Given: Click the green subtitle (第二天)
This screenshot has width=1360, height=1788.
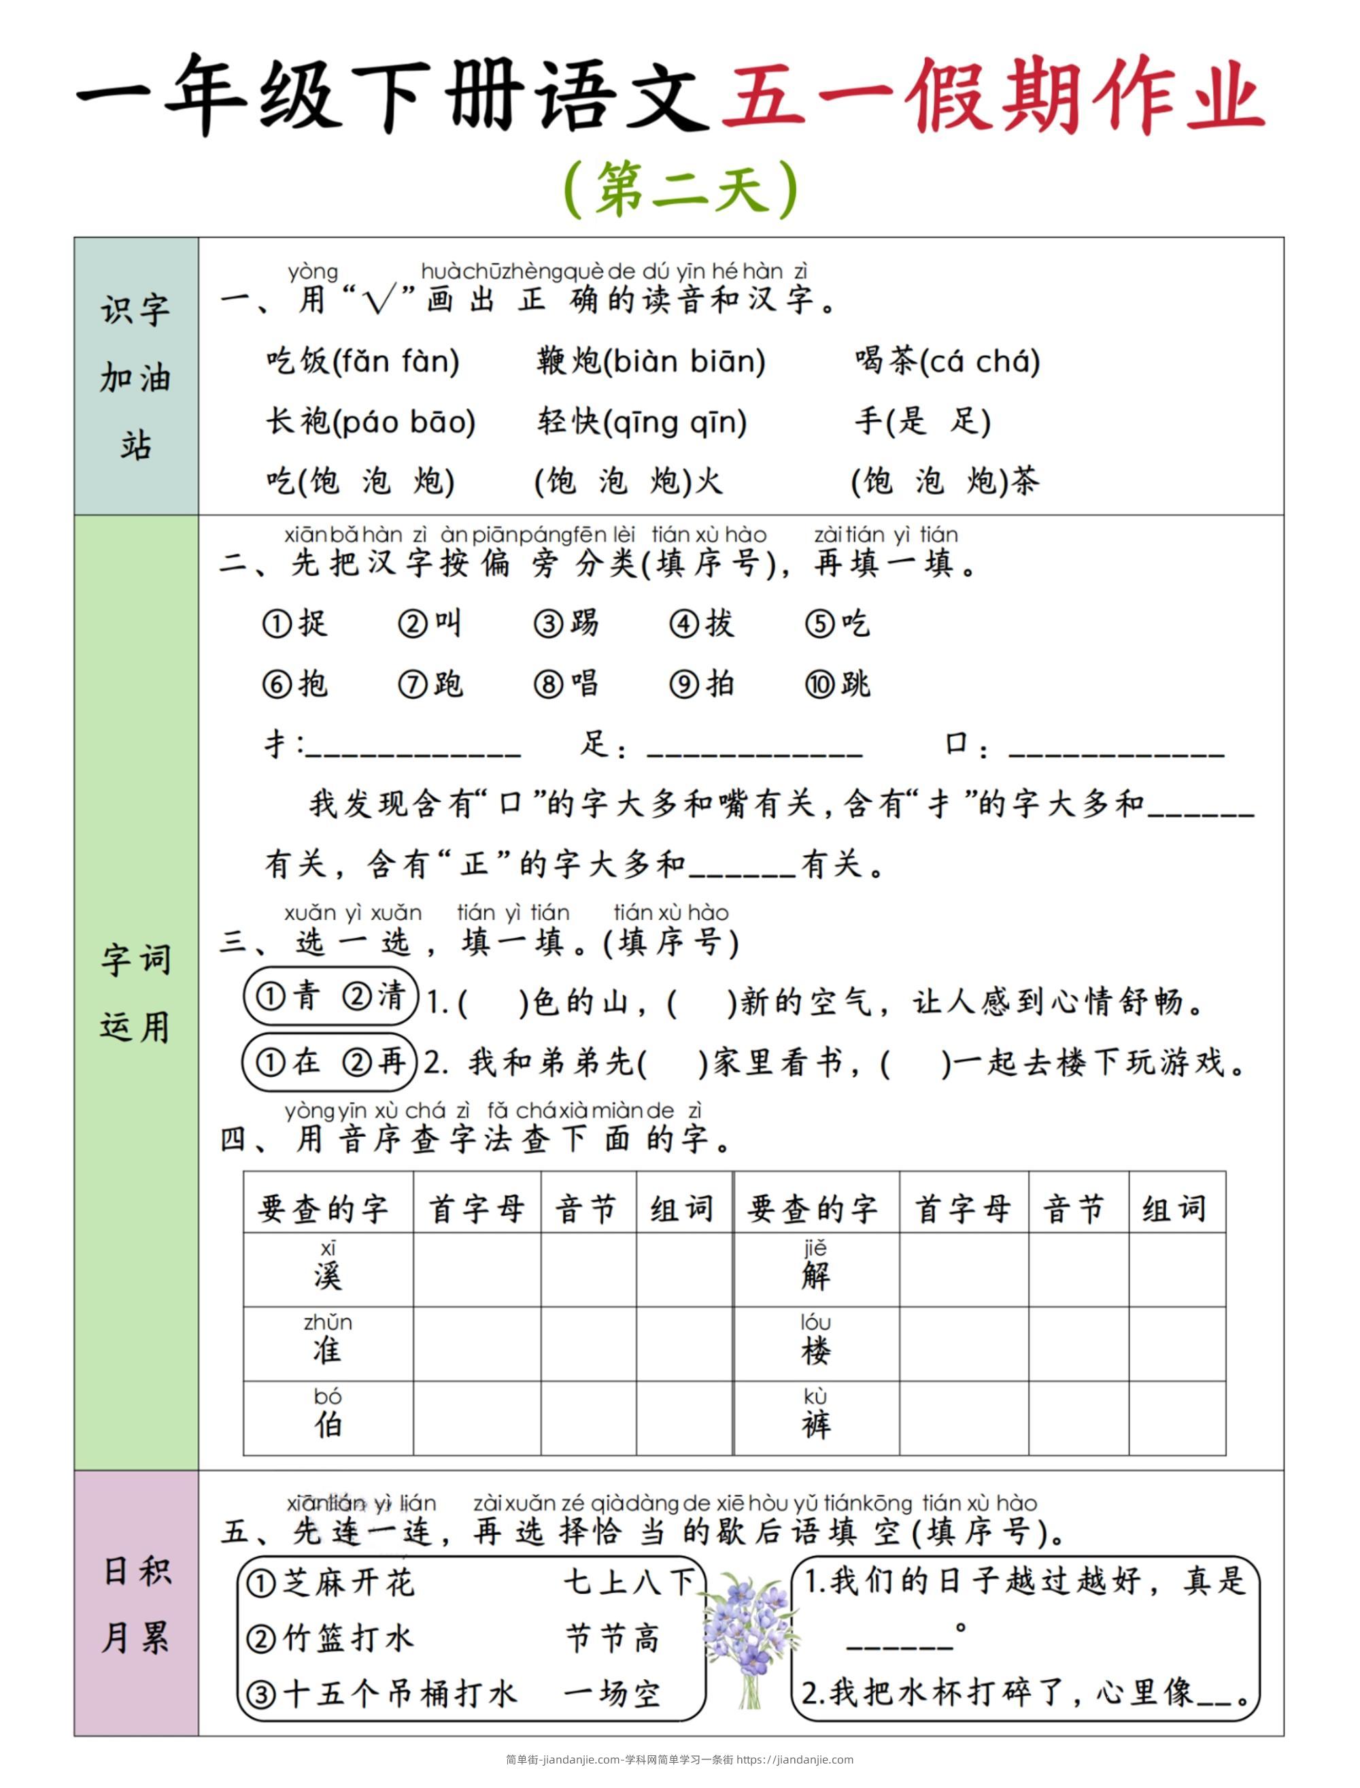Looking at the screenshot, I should tap(680, 188).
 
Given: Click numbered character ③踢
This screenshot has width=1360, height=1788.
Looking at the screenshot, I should tap(566, 623).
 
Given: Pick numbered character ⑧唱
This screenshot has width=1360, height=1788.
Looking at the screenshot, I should tap(566, 684).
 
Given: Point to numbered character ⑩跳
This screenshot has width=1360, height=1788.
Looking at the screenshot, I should tap(838, 684).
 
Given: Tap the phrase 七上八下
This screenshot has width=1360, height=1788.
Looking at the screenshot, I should tap(629, 1581).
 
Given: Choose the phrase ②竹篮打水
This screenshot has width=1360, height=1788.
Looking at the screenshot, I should tap(330, 1638).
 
